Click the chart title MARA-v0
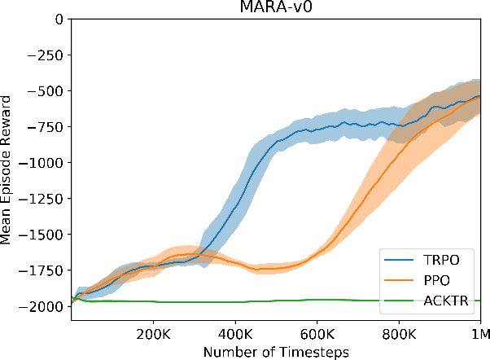[274, 7]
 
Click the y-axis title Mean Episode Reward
[7, 163]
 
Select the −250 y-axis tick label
[46, 55]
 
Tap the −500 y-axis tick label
[46, 90]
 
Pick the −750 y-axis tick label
[46, 126]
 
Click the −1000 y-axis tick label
[43, 162]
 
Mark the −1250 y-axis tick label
[43, 198]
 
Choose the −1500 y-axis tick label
[43, 235]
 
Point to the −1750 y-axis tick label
[43, 270]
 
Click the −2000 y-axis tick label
[43, 306]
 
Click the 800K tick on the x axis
[398, 334]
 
